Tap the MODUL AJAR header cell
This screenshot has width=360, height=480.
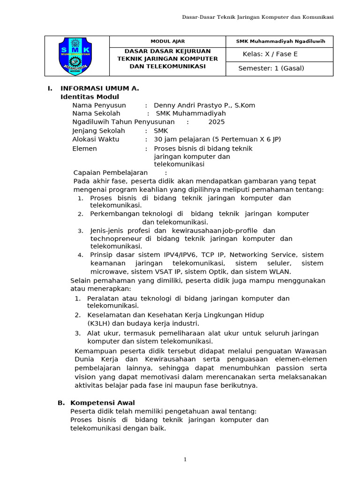click(167, 41)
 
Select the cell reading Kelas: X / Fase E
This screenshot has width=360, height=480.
click(270, 54)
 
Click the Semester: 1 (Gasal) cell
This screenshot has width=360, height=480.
click(271, 68)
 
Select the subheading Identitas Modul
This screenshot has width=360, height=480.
click(90, 97)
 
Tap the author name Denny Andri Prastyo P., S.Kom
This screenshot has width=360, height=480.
click(204, 105)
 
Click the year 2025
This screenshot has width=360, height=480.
click(217, 122)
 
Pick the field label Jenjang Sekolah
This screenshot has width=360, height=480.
click(98, 131)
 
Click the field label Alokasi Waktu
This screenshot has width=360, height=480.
click(96, 139)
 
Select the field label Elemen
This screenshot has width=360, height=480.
click(84, 149)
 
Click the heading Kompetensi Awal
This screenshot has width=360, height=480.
click(102, 403)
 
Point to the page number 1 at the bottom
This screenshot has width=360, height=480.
click(185, 460)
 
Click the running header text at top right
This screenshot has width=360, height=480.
click(258, 17)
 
